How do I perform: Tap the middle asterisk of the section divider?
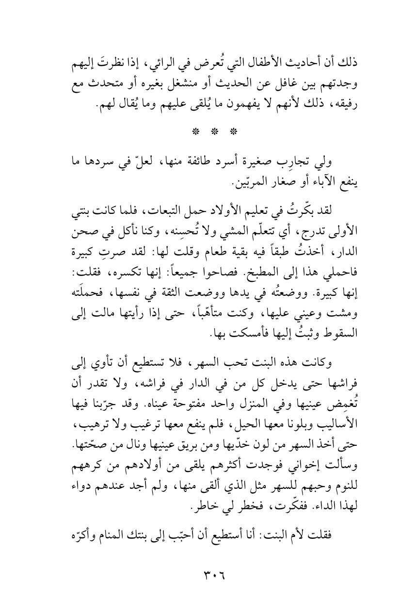[208, 132]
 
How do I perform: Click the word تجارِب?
[291, 161]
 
